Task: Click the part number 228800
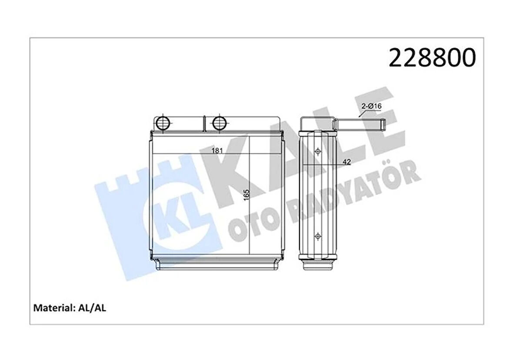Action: point(432,58)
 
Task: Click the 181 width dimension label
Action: point(217,151)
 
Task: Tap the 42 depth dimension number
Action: point(346,162)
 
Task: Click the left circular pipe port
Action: point(163,123)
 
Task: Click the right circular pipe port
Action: point(220,123)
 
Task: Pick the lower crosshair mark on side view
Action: point(318,236)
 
